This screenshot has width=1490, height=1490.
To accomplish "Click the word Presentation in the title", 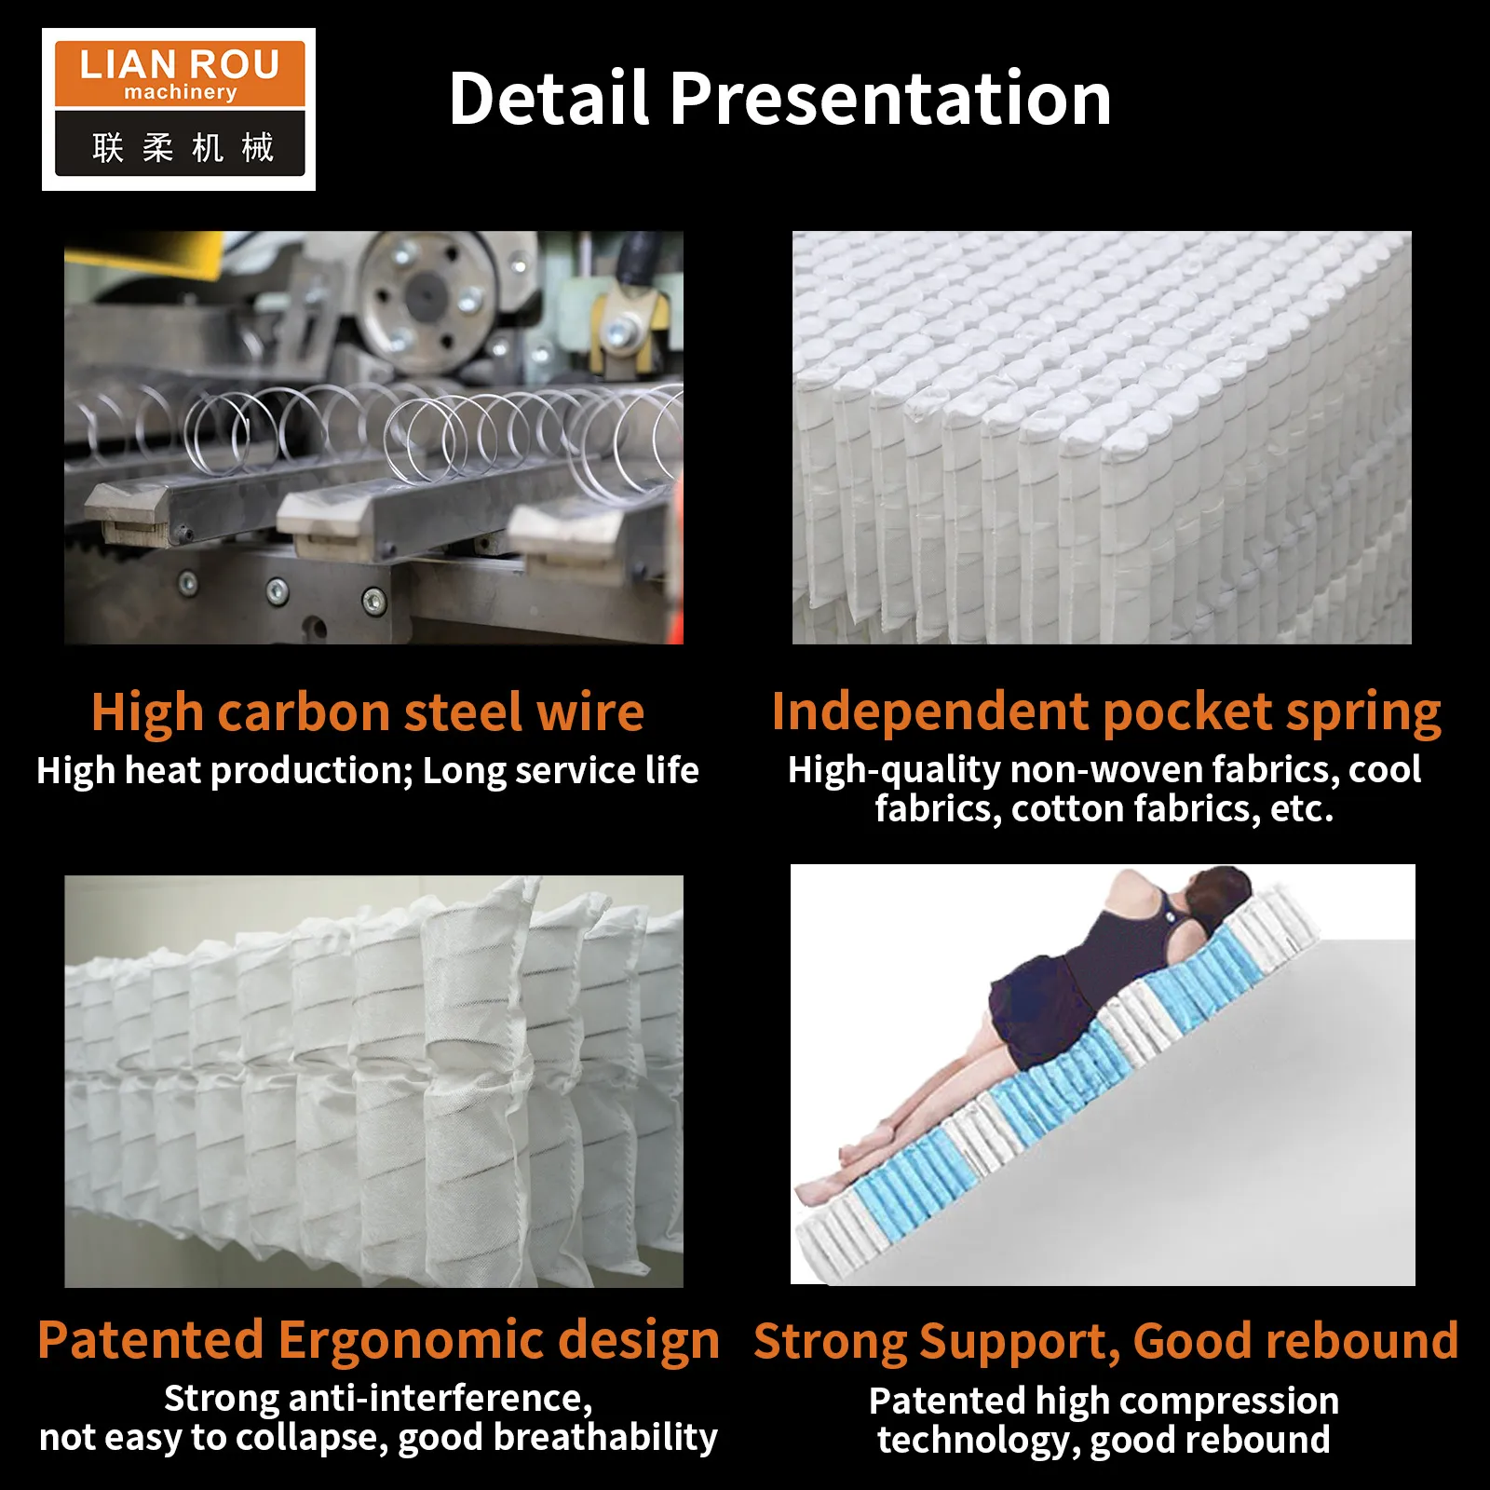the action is [x=890, y=99].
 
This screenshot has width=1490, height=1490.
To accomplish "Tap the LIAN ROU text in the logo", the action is [x=180, y=64].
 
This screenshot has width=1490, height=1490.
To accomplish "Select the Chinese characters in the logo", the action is [x=183, y=147].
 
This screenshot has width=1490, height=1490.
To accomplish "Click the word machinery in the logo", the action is [x=181, y=92].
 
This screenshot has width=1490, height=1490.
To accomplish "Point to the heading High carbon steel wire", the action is [x=368, y=713].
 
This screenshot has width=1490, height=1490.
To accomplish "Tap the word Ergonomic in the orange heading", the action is [x=411, y=1341].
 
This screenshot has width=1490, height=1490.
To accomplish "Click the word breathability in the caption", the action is [x=605, y=1437].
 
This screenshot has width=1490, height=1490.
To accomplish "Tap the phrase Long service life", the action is [x=561, y=770].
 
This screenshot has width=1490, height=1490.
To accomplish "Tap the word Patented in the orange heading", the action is [x=150, y=1341].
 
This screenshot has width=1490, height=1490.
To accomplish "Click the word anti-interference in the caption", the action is [x=440, y=1399].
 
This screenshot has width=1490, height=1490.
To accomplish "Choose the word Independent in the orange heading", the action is [x=930, y=712].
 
